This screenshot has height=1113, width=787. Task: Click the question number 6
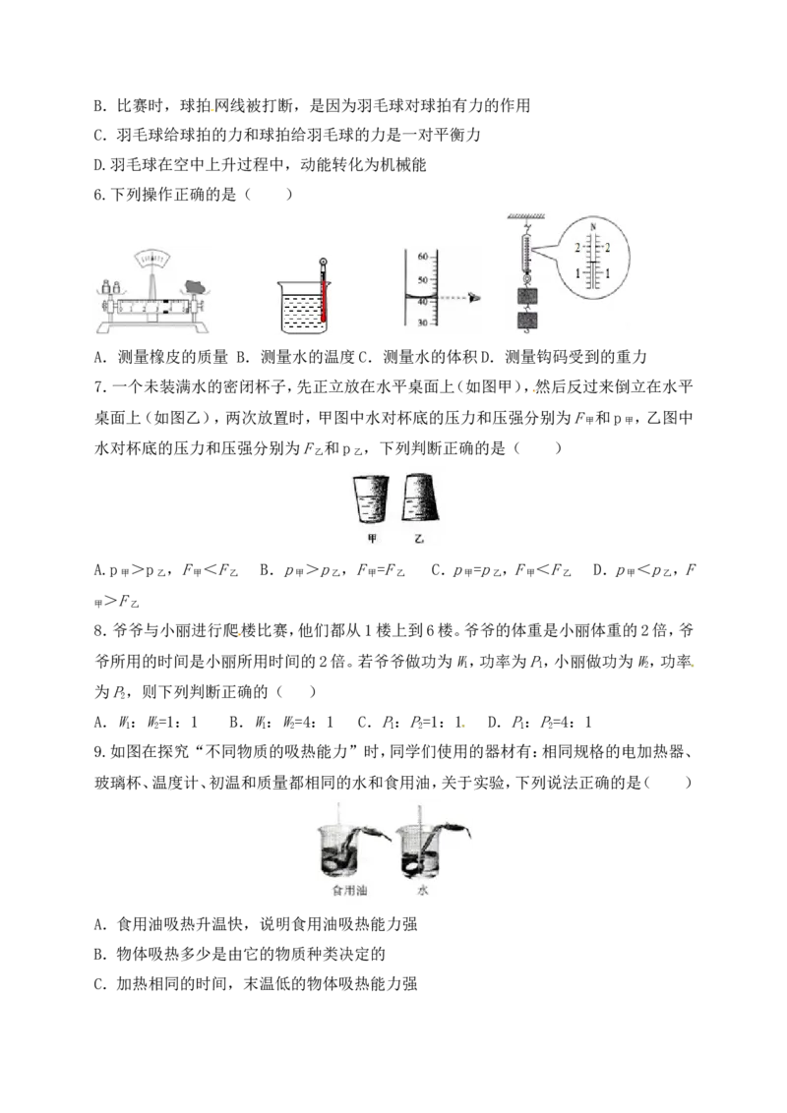98,195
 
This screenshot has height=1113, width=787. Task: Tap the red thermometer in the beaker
324,292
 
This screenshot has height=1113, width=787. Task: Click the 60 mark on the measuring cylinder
423,257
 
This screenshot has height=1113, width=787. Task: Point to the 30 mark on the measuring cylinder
423,322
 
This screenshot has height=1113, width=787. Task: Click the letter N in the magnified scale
591,227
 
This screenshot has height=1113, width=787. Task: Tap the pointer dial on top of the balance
151,261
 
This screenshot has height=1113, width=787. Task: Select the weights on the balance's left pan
111,287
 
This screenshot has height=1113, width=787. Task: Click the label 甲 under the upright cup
372,540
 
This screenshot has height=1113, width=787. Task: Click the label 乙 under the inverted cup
419,540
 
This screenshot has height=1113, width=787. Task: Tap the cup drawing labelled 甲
371,499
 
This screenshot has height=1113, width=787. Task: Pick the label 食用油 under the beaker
349,890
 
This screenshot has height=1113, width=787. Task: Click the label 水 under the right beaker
423,890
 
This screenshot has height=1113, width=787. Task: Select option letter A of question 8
99,723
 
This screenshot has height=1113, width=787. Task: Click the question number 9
98,752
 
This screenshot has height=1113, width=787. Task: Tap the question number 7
98,387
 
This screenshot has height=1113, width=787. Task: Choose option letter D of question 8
493,723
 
